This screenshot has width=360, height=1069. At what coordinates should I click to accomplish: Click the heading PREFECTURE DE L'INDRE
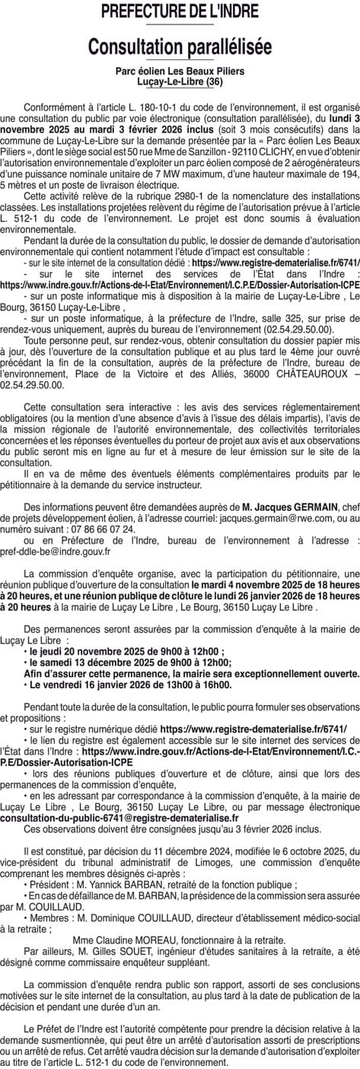coord(180,13)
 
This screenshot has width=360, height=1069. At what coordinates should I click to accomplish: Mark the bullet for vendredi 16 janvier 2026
coord(26,684)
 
